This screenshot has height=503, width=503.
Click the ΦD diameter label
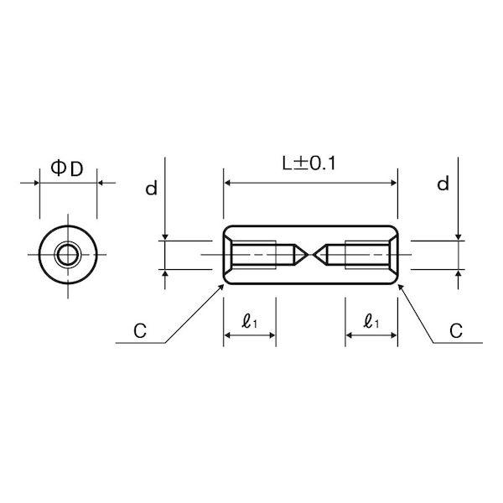(x=67, y=169)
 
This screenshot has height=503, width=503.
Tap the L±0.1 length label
(x=309, y=163)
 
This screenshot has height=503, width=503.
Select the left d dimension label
(x=151, y=189)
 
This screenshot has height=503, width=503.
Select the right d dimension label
(x=443, y=184)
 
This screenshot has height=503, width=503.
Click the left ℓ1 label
(x=250, y=321)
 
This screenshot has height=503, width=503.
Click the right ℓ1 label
(x=371, y=321)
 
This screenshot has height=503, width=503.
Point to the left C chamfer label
(x=140, y=331)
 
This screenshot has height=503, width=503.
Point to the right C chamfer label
(x=456, y=331)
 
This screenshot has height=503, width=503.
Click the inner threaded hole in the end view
(x=68, y=255)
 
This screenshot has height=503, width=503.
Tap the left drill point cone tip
(x=309, y=255)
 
